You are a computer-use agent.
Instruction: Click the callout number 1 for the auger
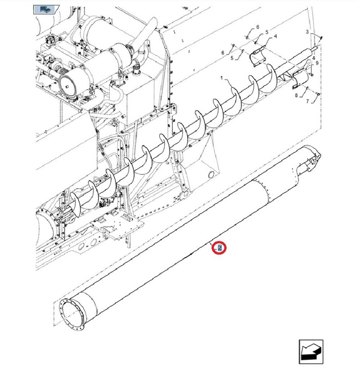[222, 78]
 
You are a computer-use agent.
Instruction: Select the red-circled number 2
[219, 248]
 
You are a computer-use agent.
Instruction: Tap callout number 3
[307, 32]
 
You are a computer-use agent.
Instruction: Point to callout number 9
[317, 63]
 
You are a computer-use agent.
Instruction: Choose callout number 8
[296, 95]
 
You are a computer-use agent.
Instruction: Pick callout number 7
[308, 101]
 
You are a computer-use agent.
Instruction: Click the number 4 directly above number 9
[313, 58]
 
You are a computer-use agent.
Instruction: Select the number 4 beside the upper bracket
[275, 36]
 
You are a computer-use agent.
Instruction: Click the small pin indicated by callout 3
[321, 37]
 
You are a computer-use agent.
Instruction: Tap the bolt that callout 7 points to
[318, 94]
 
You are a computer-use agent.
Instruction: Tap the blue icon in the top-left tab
[45, 9]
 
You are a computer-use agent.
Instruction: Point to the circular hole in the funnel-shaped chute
[211, 174]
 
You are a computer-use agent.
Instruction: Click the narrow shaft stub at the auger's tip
[314, 48]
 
